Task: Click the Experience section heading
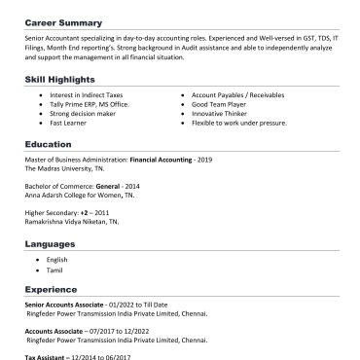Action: coord(54,289)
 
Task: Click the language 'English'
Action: coord(58,260)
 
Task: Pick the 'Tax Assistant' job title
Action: coord(46,355)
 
